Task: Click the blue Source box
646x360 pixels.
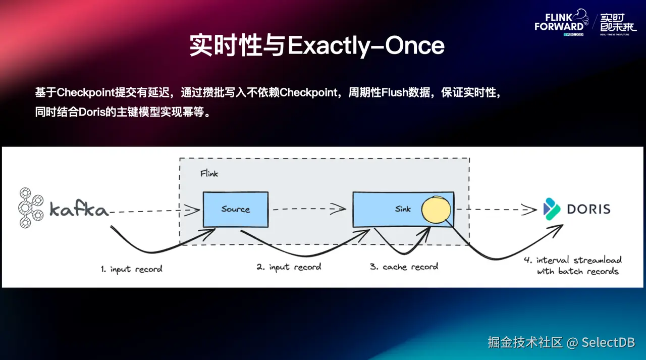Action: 235,209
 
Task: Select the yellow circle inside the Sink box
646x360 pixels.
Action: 436,209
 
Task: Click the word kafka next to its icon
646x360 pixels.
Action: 79,209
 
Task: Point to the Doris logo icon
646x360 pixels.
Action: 552,209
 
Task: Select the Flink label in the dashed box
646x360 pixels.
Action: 209,173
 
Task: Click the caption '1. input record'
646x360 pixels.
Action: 131,269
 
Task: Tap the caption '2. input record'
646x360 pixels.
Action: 289,267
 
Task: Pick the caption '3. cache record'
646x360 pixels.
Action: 404,267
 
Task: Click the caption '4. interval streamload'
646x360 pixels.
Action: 572,261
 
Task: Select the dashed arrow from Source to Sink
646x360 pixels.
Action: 308,209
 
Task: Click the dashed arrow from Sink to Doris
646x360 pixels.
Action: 497,209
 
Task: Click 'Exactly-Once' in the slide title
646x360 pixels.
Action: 366,45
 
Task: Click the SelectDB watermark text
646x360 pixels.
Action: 608,342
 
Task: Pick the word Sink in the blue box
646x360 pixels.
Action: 403,209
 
